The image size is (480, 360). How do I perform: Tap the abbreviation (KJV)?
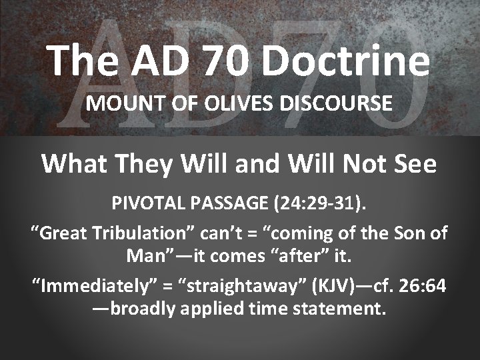point(327,287)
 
